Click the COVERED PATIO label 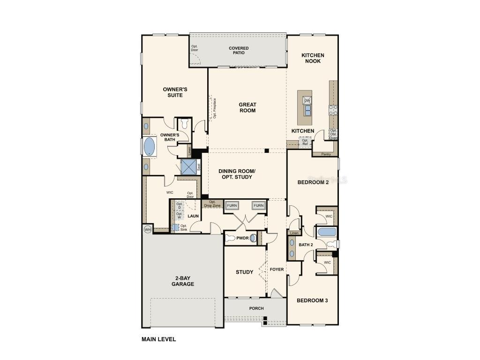239,50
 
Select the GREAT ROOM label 247,107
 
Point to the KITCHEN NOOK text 313,58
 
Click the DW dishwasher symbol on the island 307,100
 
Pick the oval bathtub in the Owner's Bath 149,146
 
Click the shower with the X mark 188,166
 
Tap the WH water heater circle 148,229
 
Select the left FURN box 232,205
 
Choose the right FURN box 258,205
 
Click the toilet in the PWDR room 230,238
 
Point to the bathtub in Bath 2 326,232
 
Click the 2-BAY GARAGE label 182,281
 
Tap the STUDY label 244,272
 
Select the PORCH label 256,308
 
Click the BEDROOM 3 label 312,300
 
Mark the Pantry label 326,154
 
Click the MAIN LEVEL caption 159,339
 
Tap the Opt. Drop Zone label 212,203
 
